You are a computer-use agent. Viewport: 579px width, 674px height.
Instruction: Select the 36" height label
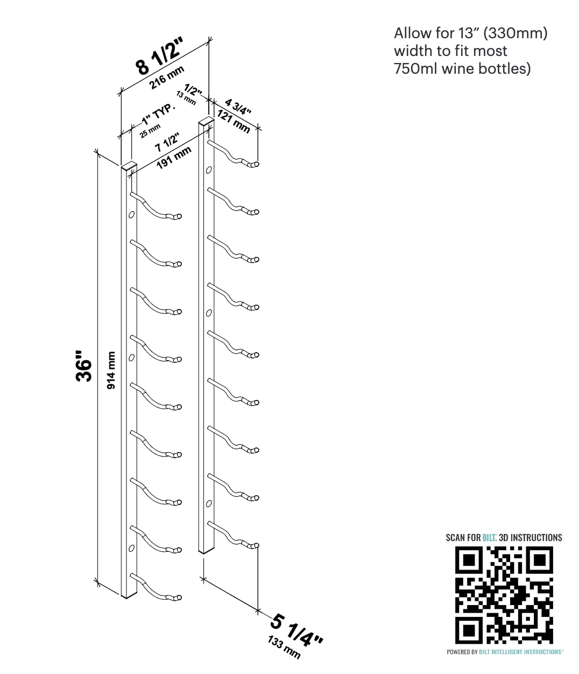pyautogui.click(x=84, y=367)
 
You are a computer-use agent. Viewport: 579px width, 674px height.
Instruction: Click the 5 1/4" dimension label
pyautogui.click(x=296, y=630)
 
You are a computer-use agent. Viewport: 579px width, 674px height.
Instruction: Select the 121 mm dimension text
pyautogui.click(x=234, y=121)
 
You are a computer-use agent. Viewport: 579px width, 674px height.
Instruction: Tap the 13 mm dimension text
pyautogui.click(x=186, y=99)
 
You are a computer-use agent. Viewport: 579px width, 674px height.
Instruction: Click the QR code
pyautogui.click(x=504, y=595)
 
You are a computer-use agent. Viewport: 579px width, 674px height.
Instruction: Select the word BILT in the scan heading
pyautogui.click(x=489, y=537)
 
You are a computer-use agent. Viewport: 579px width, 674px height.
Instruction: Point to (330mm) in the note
pyautogui.click(x=515, y=33)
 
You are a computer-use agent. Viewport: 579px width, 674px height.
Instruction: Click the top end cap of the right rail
pyautogui.click(x=205, y=119)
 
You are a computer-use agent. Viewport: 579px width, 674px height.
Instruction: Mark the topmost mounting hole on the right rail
pyautogui.click(x=209, y=171)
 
